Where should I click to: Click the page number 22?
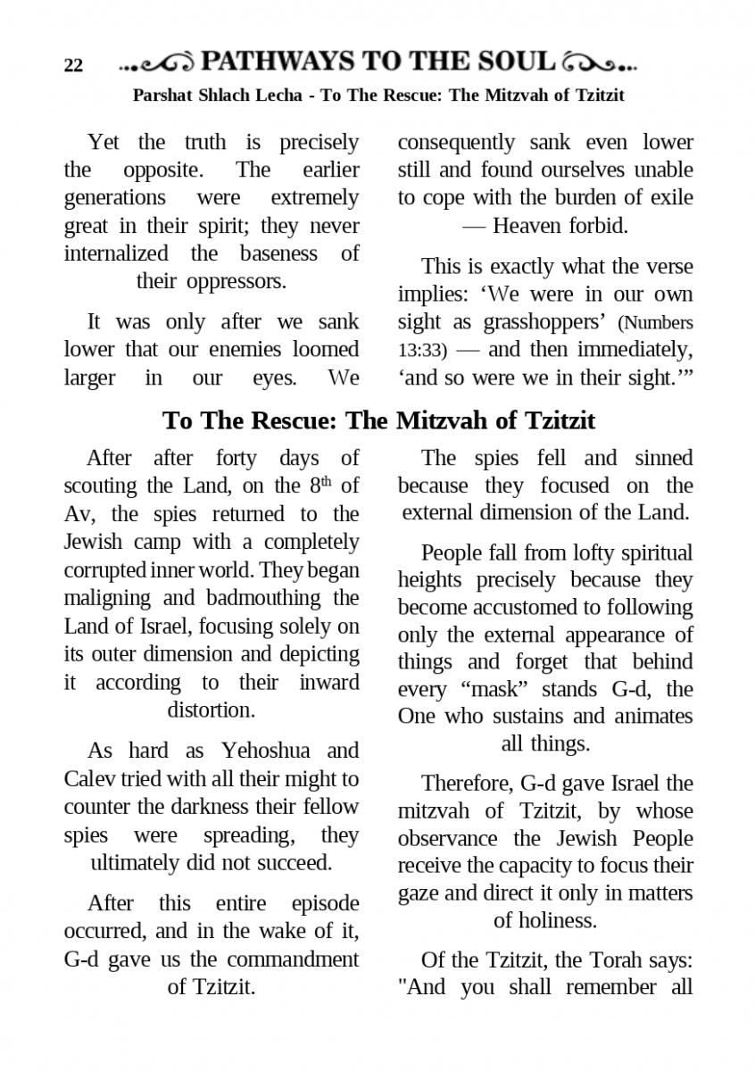(73, 65)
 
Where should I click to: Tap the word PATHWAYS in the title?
(277, 61)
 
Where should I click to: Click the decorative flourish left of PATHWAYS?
(157, 63)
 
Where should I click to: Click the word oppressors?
(236, 281)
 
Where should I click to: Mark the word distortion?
(211, 710)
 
